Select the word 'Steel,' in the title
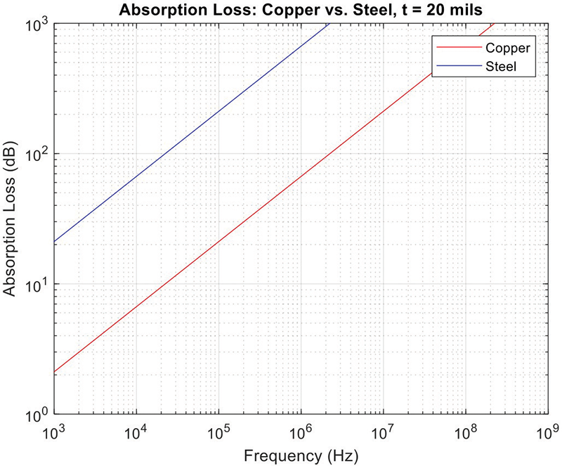point(374,11)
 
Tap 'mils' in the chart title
point(462,11)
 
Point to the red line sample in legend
point(456,48)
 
